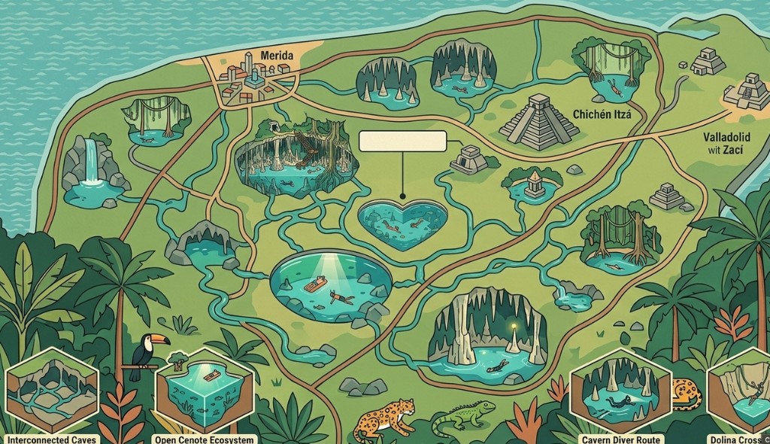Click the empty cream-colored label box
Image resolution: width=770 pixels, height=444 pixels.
coord(402,142)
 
